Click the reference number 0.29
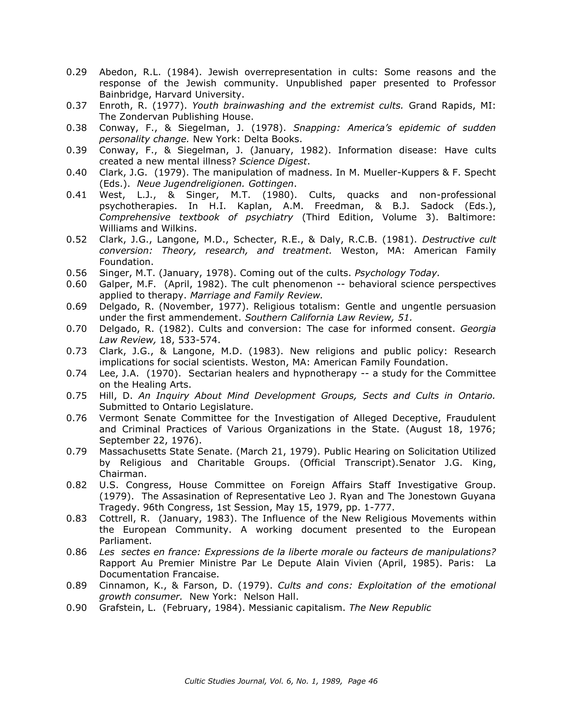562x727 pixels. point(76,72)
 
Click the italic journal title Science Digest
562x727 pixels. point(273,162)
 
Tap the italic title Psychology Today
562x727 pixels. point(397,273)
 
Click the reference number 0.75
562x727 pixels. point(76,396)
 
